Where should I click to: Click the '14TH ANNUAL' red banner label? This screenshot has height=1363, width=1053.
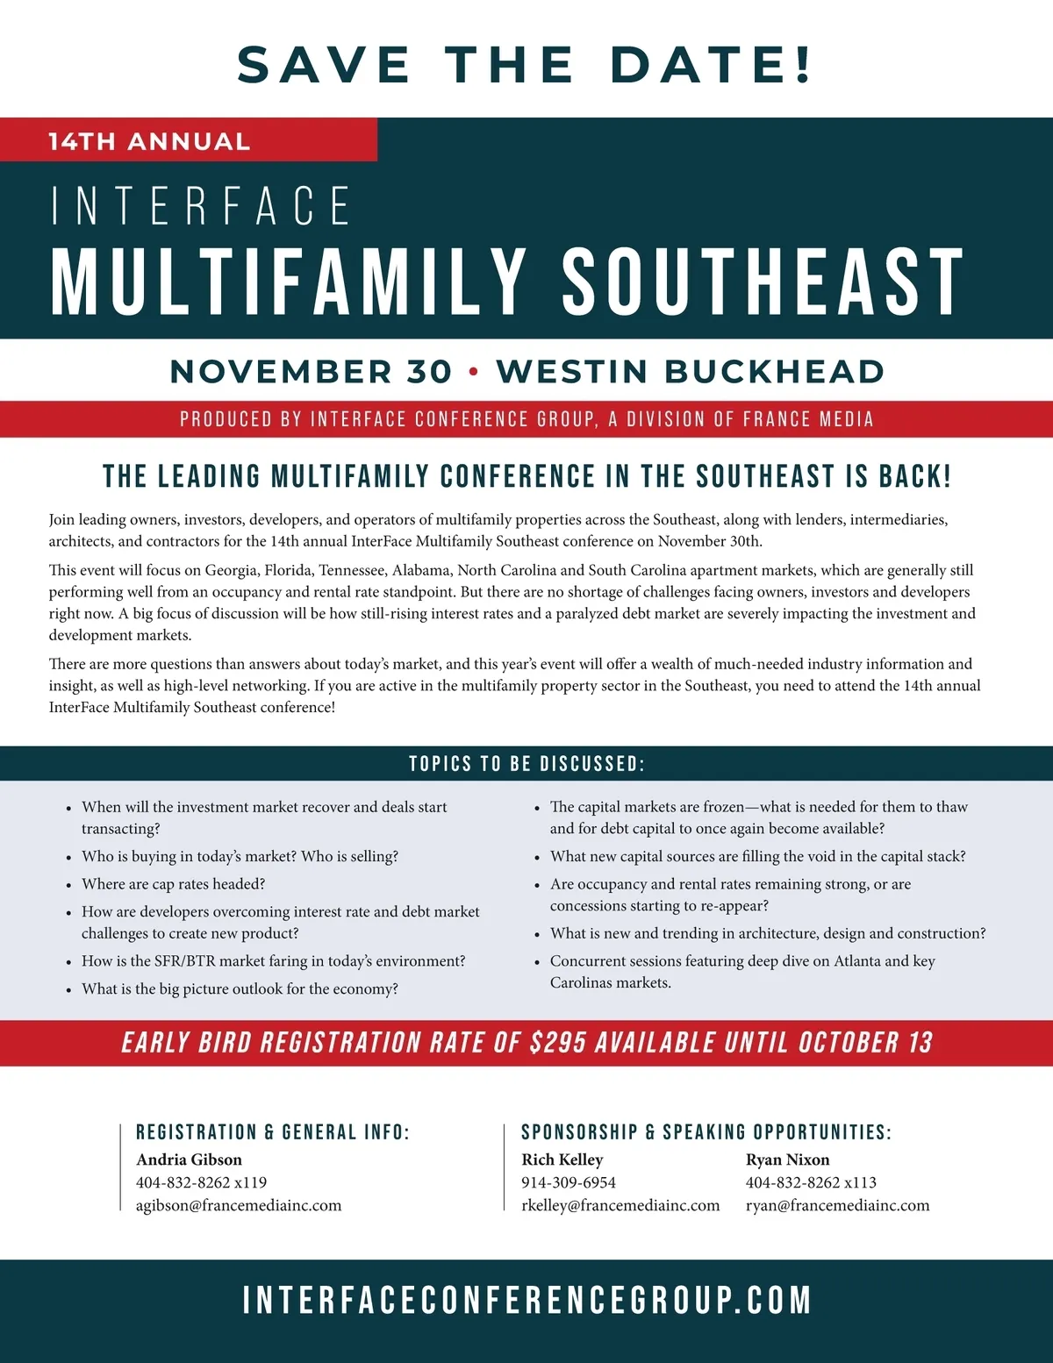coord(149,141)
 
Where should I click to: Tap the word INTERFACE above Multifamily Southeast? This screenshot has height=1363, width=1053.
coord(201,206)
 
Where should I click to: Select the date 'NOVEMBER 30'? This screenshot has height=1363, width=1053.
coord(311,372)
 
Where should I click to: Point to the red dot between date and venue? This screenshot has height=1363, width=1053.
coord(474,372)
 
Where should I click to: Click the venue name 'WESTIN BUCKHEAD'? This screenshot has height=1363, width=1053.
coord(690,372)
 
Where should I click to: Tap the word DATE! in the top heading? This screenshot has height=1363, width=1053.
coord(712,65)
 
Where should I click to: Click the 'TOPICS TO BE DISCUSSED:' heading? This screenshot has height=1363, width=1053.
coord(526,764)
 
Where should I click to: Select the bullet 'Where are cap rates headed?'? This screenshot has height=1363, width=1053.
coord(173,884)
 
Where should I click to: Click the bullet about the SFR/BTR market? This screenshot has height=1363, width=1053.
coord(273,961)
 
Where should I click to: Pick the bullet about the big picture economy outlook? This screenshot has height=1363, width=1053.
coord(240,989)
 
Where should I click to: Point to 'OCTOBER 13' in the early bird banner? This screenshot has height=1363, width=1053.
coord(865,1043)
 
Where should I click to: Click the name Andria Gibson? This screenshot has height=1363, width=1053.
coord(189,1160)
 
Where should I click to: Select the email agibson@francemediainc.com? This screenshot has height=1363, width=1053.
coord(239,1206)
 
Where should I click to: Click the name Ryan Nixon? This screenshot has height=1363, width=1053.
coord(787,1160)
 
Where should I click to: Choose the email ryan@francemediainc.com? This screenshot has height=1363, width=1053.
coord(837,1206)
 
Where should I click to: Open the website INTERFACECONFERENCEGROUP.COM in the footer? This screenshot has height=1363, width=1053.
coord(526,1300)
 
